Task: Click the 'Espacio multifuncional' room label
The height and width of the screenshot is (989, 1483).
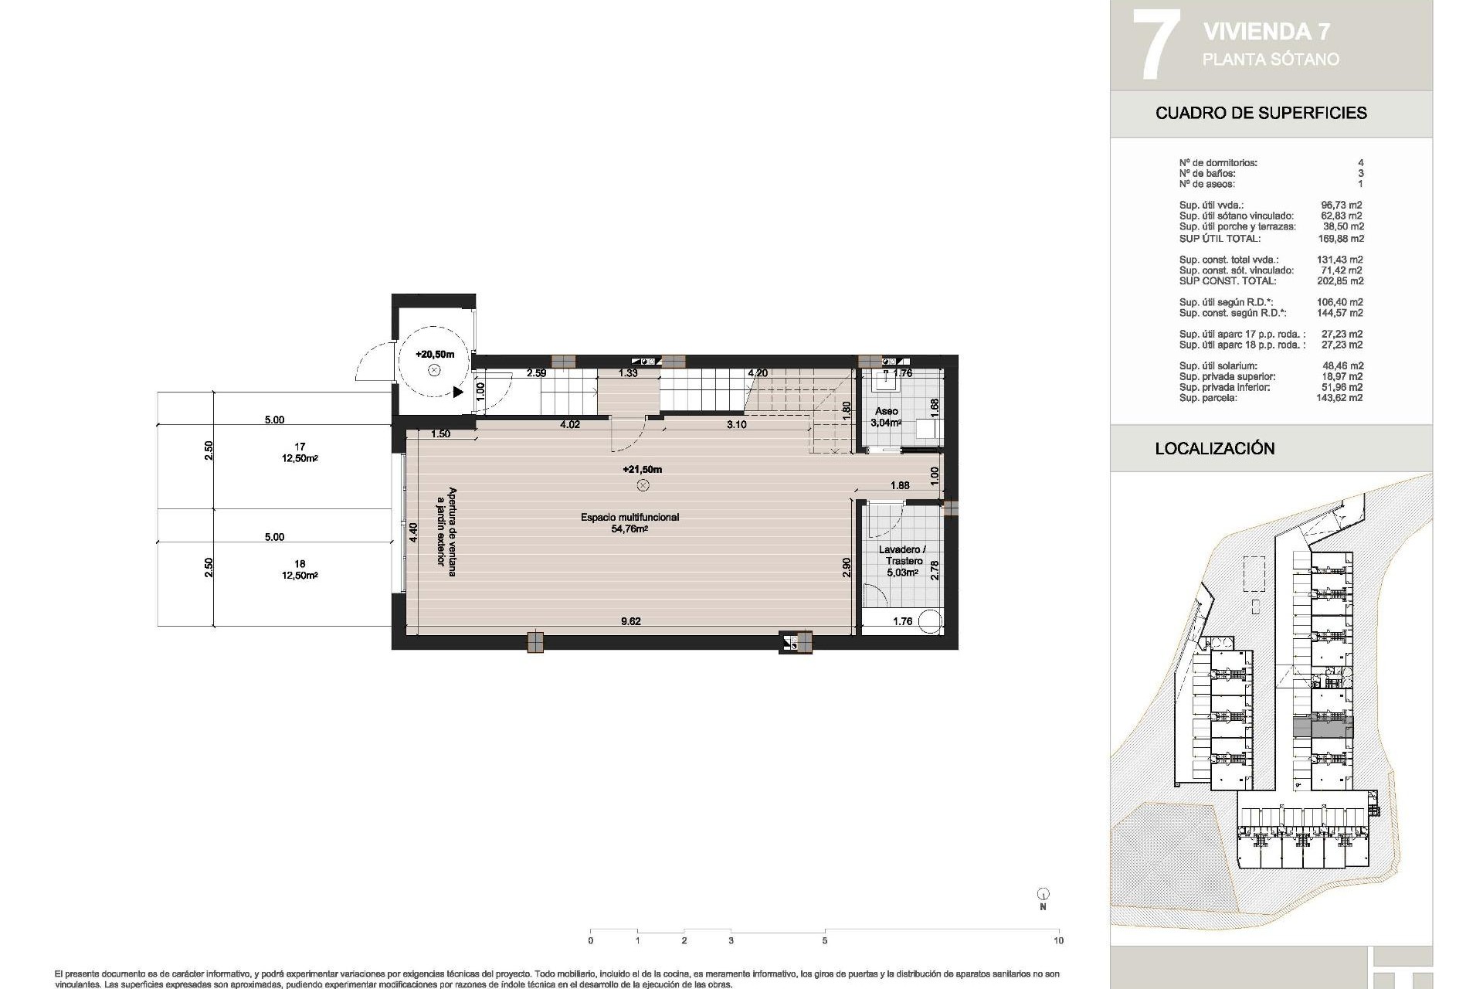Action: pyautogui.click(x=630, y=517)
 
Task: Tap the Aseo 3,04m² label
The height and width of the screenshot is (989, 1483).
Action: pyautogui.click(x=886, y=417)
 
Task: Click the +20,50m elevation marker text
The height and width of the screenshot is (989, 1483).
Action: pyautogui.click(x=434, y=355)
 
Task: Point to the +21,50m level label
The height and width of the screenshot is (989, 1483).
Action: pyautogui.click(x=642, y=470)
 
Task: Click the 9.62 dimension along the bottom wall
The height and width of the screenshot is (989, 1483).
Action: pyautogui.click(x=631, y=621)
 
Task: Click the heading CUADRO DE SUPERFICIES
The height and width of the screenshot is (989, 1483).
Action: pyautogui.click(x=1261, y=113)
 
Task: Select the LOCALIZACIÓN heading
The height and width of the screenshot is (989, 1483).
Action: pyautogui.click(x=1214, y=449)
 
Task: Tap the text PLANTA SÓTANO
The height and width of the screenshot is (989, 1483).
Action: pyautogui.click(x=1271, y=59)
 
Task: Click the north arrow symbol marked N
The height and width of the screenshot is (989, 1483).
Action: pyautogui.click(x=1043, y=895)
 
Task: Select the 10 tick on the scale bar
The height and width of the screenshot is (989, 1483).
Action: pyautogui.click(x=1058, y=940)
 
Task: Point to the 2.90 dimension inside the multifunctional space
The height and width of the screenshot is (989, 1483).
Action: pyautogui.click(x=847, y=567)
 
